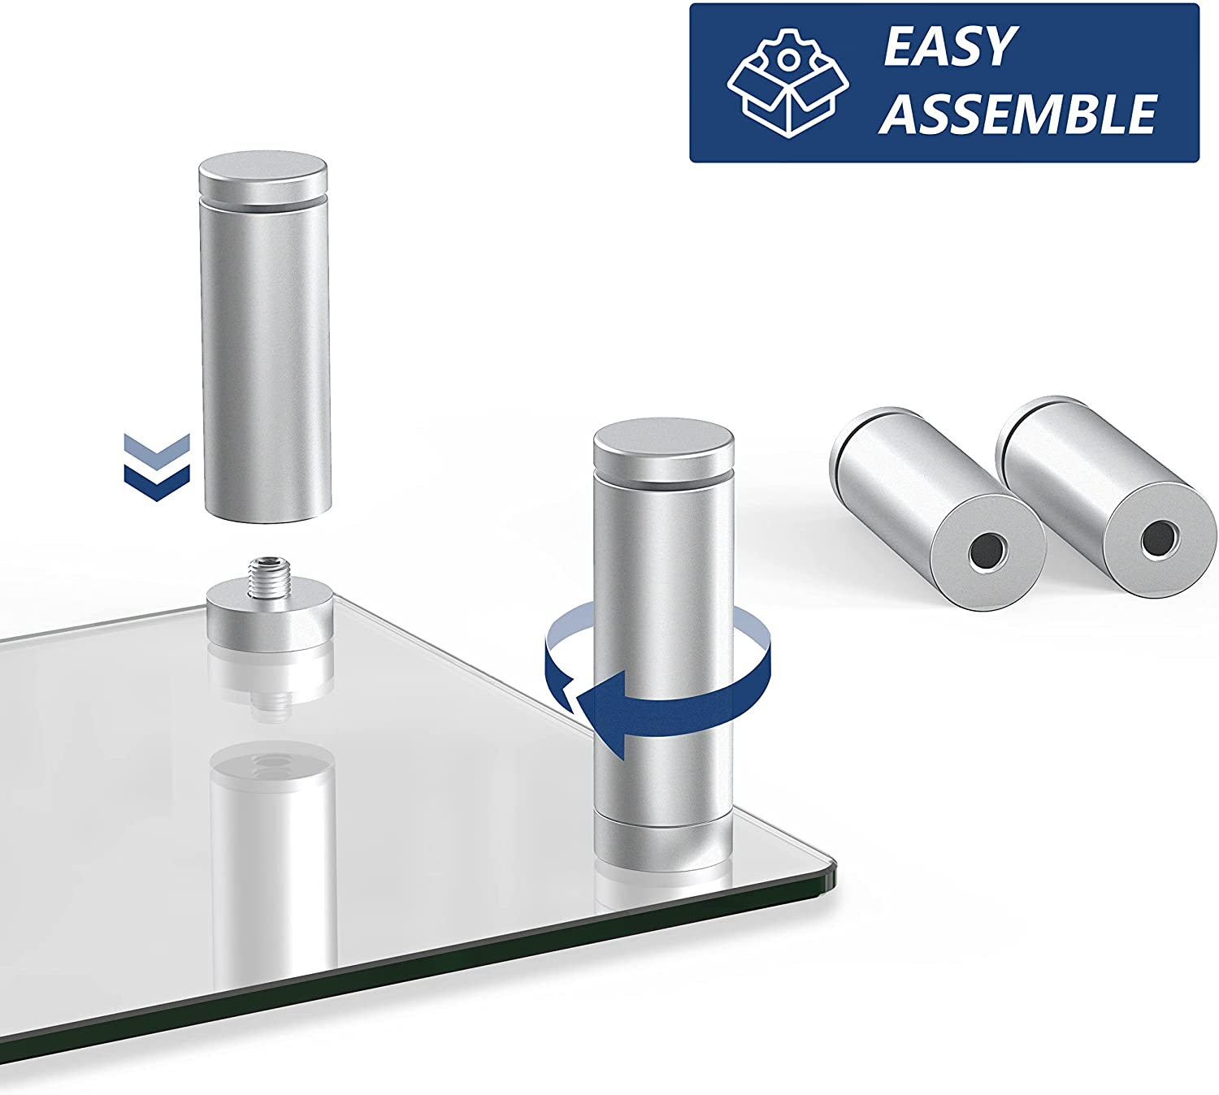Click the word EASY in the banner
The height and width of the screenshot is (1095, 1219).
(948, 46)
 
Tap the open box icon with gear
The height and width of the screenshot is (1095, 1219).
(787, 83)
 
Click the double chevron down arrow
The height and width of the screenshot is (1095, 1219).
(157, 467)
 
